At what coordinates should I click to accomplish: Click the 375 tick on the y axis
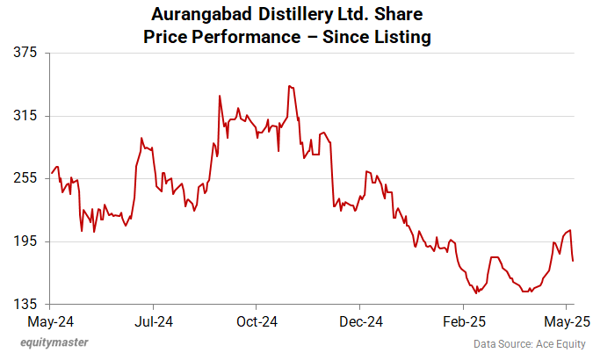click(25, 53)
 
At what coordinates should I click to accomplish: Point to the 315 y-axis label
click(25, 116)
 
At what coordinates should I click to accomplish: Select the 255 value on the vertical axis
click(25, 178)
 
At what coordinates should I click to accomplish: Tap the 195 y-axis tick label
click(25, 241)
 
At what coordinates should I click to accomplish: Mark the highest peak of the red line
click(288, 86)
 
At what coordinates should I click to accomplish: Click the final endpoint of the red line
click(573, 261)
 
